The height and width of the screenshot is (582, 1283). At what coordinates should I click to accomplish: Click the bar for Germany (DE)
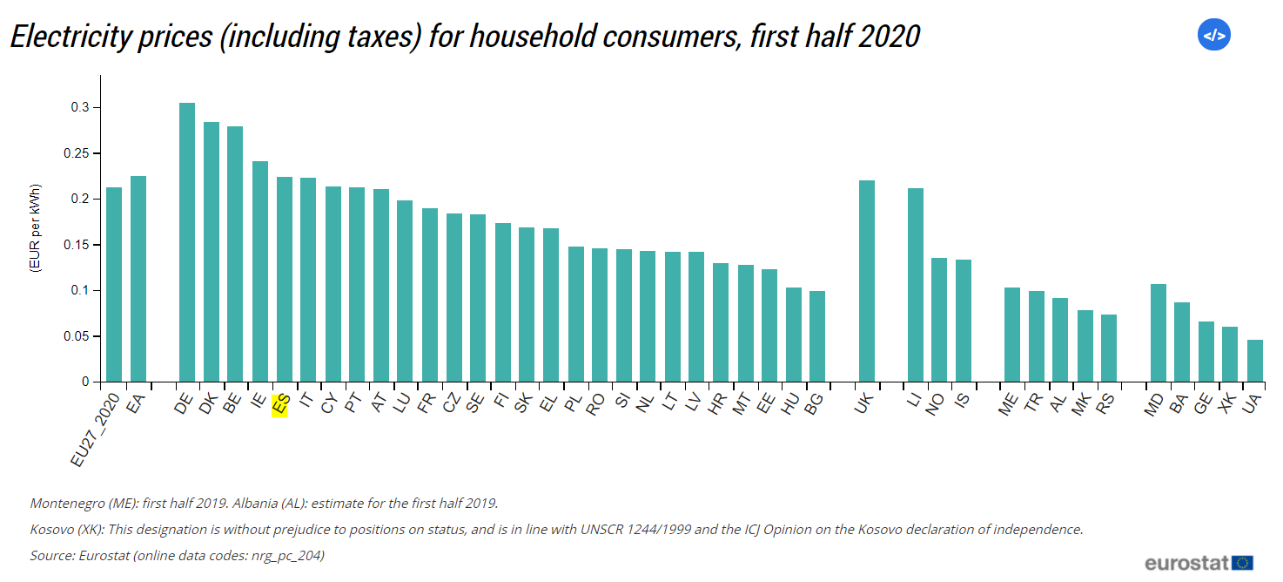click(x=187, y=242)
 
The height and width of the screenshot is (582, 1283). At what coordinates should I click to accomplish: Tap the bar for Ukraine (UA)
click(x=1254, y=361)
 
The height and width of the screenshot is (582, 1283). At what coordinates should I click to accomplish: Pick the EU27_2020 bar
click(x=114, y=284)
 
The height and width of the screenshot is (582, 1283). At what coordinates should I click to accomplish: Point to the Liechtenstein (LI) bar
click(x=915, y=285)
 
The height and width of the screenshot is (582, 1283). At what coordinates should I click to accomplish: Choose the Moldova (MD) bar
click(x=1158, y=333)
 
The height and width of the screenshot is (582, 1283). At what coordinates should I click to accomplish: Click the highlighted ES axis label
click(x=279, y=406)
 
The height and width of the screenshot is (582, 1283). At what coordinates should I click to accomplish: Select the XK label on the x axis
click(x=1227, y=405)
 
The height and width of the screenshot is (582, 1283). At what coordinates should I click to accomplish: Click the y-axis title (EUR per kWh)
click(x=36, y=227)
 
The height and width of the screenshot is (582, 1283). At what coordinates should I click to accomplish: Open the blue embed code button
click(x=1213, y=36)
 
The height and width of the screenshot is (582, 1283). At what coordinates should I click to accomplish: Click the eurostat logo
click(x=1199, y=562)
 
